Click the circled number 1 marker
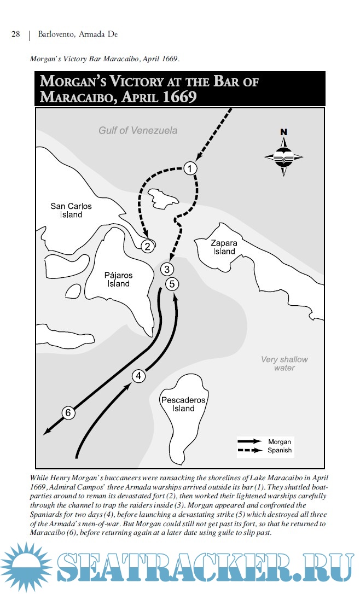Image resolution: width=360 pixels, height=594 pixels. [189, 168]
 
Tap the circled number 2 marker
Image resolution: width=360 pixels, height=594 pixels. [147, 246]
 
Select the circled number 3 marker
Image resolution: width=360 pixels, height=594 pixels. [168, 269]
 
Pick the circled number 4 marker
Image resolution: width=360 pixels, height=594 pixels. [139, 376]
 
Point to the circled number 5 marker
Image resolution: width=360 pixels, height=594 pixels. [172, 283]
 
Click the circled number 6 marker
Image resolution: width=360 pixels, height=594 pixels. [68, 413]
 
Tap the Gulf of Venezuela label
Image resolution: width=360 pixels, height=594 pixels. [138, 131]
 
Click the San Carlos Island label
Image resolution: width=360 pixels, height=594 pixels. [71, 211]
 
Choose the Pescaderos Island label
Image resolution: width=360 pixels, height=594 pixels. [183, 404]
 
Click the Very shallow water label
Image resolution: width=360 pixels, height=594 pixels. [284, 364]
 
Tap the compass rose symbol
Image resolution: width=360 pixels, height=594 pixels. [283, 156]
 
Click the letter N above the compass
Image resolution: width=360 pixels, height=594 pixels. [283, 132]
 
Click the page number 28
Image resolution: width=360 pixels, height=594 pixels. [16, 34]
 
